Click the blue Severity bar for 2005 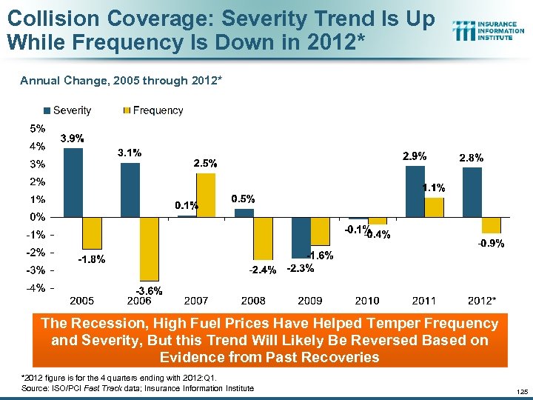(x=73, y=182)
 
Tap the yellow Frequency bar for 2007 (x=206, y=195)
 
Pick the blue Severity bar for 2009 (x=301, y=237)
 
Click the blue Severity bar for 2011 (x=415, y=191)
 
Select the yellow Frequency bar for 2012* (x=491, y=225)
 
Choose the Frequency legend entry (x=153, y=110)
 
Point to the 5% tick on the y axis (x=37, y=127)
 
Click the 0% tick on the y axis (x=37, y=217)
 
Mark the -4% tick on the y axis (x=37, y=288)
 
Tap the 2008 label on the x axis (x=253, y=301)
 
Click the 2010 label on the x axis (x=367, y=301)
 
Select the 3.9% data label (x=72, y=139)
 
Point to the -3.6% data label (x=148, y=290)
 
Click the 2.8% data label (x=472, y=158)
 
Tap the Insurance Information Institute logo (x=489, y=30)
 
